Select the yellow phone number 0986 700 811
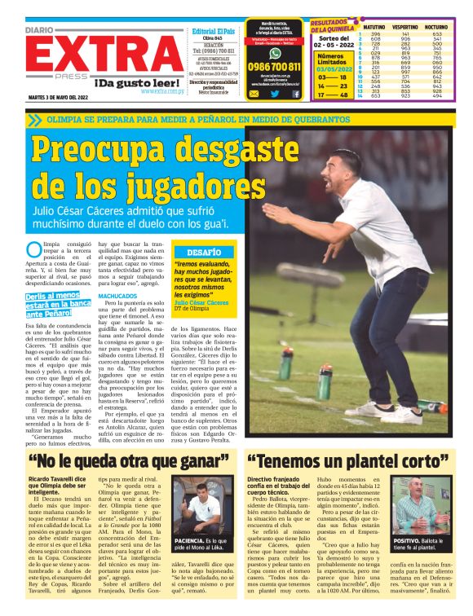pos(274,67)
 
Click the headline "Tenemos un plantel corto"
pos(343,460)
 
